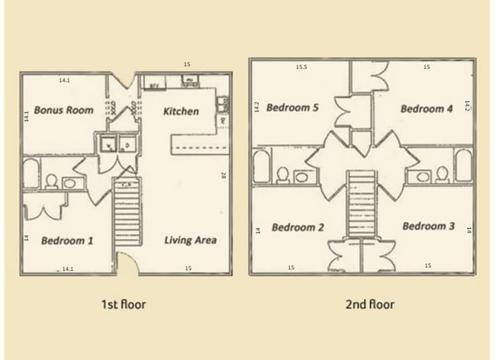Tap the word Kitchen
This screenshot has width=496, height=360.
pos(182,111)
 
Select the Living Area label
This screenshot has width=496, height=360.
pos(190,240)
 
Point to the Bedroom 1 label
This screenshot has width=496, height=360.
pos(67,241)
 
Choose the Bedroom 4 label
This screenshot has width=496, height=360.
pos(427,109)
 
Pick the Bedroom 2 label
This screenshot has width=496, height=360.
pos(298,227)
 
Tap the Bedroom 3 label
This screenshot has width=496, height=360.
pos(429,227)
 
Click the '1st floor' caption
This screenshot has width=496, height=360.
pos(124,304)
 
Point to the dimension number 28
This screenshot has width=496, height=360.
pos(224,175)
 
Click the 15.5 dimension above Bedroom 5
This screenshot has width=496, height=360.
pos(301,67)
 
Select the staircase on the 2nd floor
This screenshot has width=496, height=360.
pos(362,206)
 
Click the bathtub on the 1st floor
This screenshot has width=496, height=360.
pos(32,173)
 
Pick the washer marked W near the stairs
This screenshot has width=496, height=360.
pos(108,145)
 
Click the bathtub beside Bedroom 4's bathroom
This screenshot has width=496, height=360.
pos(463,166)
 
